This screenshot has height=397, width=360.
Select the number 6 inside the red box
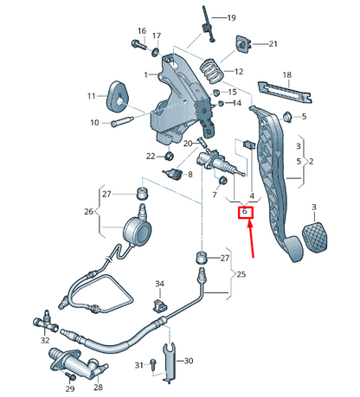pyautogui.click(x=245, y=212)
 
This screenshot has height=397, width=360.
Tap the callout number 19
pyautogui.click(x=231, y=18)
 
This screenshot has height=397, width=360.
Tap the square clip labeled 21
pyautogui.click(x=242, y=43)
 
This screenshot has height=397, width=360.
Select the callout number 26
pyautogui.click(x=88, y=211)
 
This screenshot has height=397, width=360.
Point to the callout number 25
pyautogui.click(x=241, y=275)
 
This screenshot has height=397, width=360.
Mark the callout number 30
pyautogui.click(x=190, y=361)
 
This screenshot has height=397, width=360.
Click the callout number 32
pyautogui.click(x=45, y=341)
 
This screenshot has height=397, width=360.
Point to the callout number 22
pyautogui.click(x=150, y=156)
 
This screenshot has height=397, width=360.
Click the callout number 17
pyautogui.click(x=157, y=35)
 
